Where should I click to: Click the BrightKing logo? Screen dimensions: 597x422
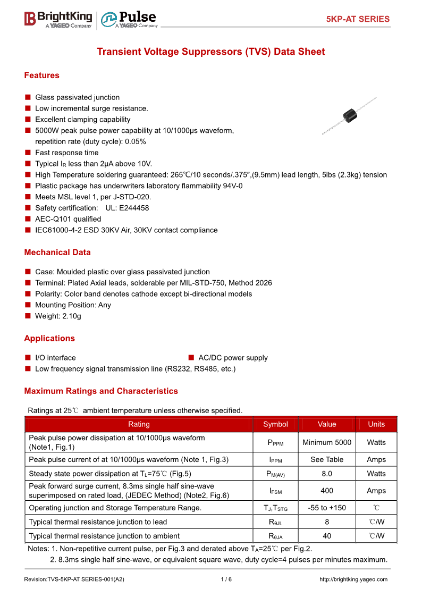click(x=58, y=19)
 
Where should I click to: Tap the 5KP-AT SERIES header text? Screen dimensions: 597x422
click(x=358, y=19)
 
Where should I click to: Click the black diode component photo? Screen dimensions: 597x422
click(x=349, y=115)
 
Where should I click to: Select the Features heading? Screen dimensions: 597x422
click(x=41, y=75)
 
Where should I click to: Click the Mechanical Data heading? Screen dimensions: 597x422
click(x=57, y=253)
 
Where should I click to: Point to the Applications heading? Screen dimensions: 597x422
click(x=49, y=339)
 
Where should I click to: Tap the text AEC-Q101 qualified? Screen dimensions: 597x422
click(x=68, y=219)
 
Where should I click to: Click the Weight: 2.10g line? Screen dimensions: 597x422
click(x=58, y=316)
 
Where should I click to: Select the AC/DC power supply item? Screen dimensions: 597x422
click(x=233, y=358)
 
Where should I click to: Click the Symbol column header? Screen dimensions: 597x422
click(x=275, y=424)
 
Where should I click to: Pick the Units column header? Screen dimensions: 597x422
click(x=376, y=424)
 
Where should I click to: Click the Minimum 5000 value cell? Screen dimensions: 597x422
click(x=327, y=442)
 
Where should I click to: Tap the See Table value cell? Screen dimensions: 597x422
click(x=327, y=459)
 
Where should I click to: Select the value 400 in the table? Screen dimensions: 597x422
click(x=327, y=491)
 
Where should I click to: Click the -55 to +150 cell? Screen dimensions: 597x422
click(x=327, y=508)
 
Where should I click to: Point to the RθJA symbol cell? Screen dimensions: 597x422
click(x=275, y=536)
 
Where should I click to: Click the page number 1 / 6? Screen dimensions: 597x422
click(x=226, y=579)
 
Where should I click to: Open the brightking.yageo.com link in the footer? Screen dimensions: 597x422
click(x=353, y=579)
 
